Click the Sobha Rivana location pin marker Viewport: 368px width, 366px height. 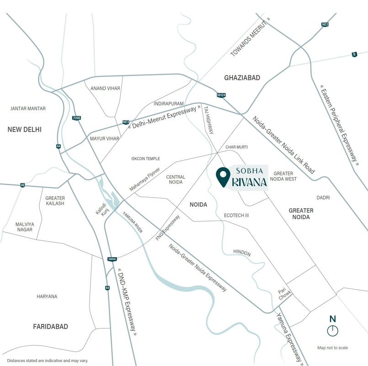coord(223,177)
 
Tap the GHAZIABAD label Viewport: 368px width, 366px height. coord(242,78)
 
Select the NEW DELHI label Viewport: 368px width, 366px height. coord(25,129)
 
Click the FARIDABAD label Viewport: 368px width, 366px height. coord(50,327)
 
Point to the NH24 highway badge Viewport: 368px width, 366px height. coord(221,95)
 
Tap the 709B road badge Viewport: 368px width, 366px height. coord(76,118)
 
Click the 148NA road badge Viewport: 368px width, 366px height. coord(112,259)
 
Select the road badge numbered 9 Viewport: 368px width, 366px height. coord(354,54)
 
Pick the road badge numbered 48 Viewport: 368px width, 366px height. coord(22,185)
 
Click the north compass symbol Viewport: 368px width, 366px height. coord(333,330)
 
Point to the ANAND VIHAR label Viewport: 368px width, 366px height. coord(105,88)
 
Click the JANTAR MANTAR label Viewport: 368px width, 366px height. coord(28,108)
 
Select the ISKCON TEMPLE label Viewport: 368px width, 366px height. coord(145,159)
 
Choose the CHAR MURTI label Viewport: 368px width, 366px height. coord(236,147)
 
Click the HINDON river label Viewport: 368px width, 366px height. coord(242,252)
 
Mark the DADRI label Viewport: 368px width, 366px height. coord(323,198)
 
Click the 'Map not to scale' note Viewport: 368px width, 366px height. coord(332,348)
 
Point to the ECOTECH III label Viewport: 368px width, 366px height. coord(236,215)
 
